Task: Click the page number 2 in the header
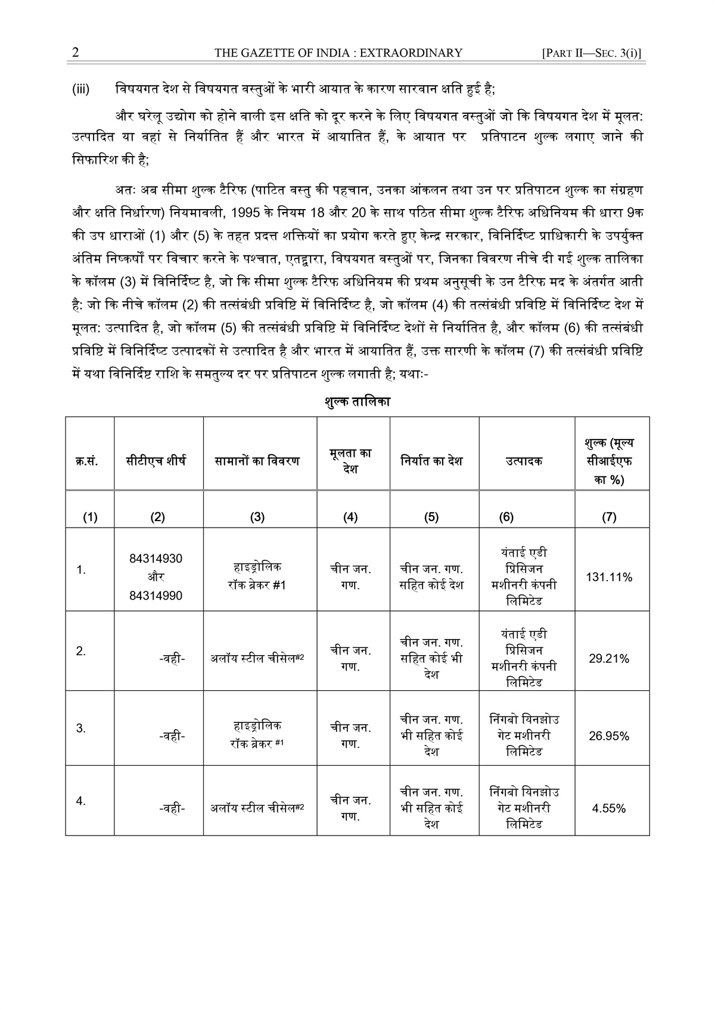pos(75,53)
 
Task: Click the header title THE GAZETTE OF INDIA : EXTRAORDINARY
pos(338,53)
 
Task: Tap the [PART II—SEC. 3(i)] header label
pos(592,53)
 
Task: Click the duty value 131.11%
pos(609,577)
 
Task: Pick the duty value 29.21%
pos(609,659)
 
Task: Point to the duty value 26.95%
pos(609,736)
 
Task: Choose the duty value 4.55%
pos(609,809)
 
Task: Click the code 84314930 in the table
pos(156,559)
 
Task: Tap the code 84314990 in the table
pos(156,596)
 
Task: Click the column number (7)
pos(609,518)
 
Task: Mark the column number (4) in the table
pos(350,518)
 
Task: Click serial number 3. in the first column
pos(81,728)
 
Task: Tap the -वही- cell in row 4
pos(172,809)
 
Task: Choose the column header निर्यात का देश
pos(431,461)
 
